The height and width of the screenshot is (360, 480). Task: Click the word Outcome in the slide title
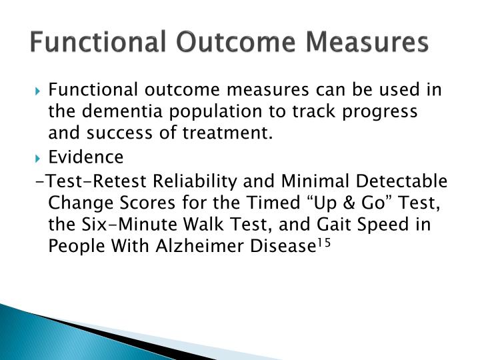223,41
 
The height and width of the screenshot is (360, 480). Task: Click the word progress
379,111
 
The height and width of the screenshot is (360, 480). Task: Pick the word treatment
233,134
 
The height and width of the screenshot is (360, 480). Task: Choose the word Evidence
95,157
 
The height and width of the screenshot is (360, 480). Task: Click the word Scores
140,203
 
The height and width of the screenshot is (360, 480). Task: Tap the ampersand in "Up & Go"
338,203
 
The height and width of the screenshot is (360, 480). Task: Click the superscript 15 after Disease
324,242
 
